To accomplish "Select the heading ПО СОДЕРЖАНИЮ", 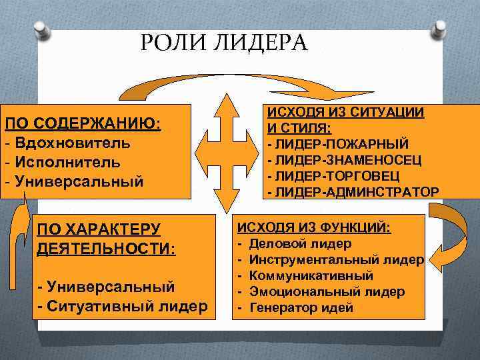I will (83, 125).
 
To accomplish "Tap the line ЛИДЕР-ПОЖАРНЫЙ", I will (338, 143).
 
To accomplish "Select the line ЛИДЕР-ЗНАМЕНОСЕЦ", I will (343, 159).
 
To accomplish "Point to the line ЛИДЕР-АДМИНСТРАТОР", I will (353, 192).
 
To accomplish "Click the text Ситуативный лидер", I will (123, 306).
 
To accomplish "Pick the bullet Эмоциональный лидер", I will (327, 291).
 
